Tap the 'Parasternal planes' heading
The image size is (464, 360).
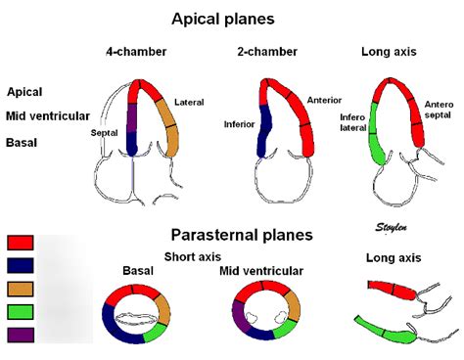[242, 235]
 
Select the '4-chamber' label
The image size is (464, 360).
[134, 52]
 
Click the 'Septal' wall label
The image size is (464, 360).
[105, 133]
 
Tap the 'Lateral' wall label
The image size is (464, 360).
[189, 102]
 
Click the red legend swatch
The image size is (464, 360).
[21, 243]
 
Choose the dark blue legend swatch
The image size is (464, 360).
[21, 265]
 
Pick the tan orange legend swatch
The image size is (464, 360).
[21, 289]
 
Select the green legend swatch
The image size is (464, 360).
[21, 312]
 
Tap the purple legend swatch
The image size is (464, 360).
[21, 336]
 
